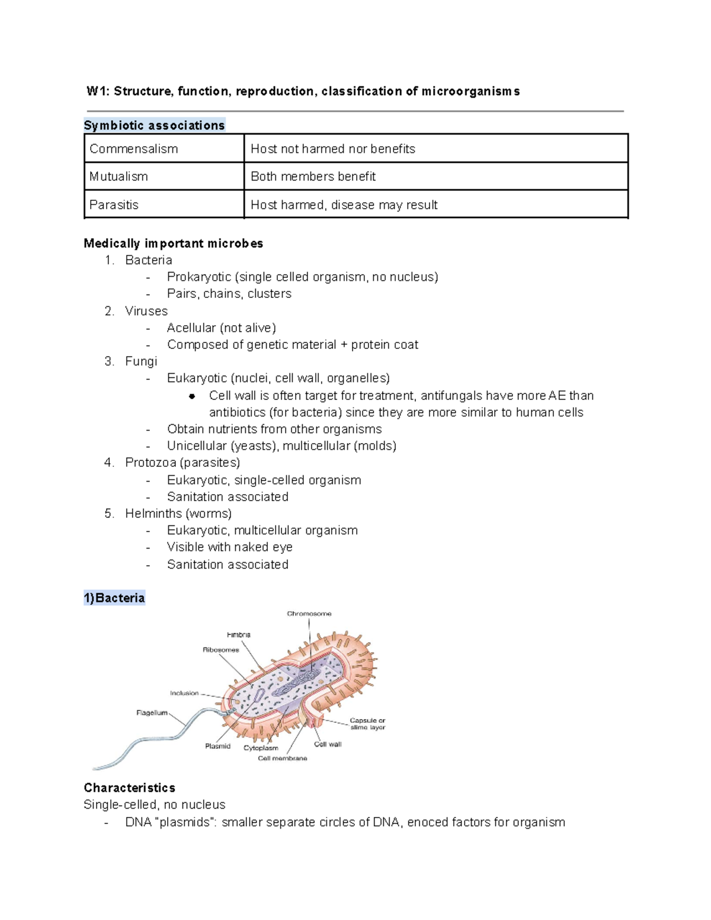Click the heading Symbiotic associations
click(x=154, y=126)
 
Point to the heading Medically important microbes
click(x=173, y=243)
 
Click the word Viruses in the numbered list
click(x=146, y=311)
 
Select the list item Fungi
click(x=141, y=361)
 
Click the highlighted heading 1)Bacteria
click(x=114, y=598)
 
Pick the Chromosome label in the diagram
click(x=309, y=614)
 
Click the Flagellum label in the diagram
click(x=152, y=713)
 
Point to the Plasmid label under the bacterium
click(x=217, y=746)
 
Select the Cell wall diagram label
click(x=328, y=744)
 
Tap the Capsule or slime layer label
click(x=367, y=724)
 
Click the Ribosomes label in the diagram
click(x=220, y=650)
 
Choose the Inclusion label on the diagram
click(x=184, y=693)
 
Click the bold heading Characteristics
click(x=129, y=788)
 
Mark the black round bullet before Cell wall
click(x=191, y=396)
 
